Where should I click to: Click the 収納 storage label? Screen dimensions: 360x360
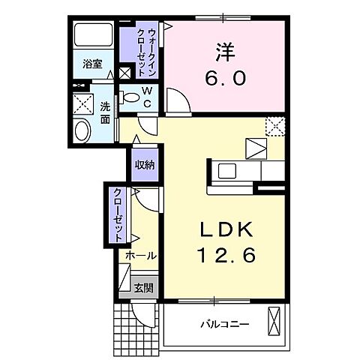tap(145, 165)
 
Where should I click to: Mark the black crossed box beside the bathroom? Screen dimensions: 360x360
tap(124, 73)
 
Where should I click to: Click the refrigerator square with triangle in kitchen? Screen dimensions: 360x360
tap(256, 147)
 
